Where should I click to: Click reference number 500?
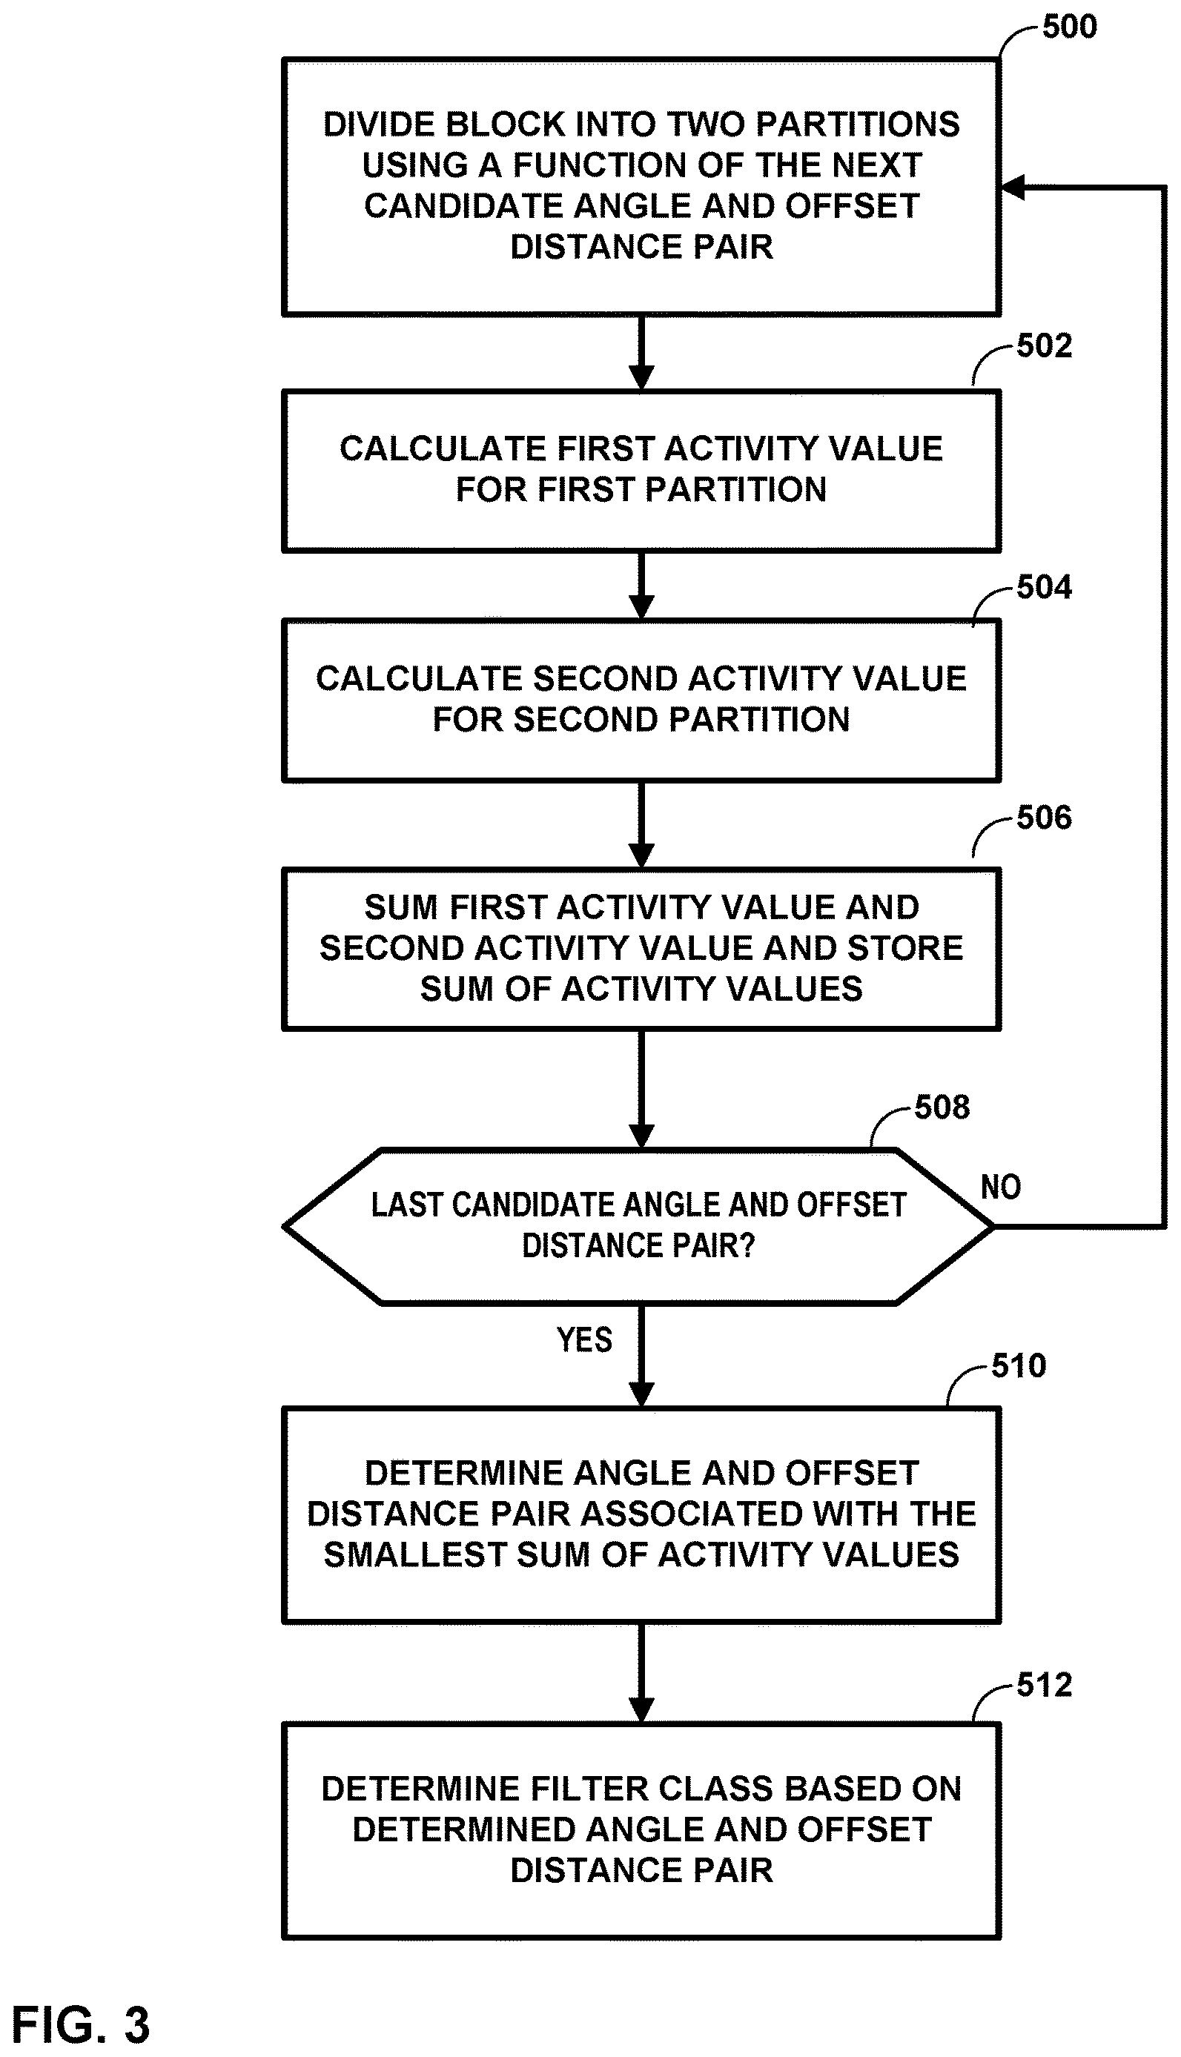pyautogui.click(x=1069, y=27)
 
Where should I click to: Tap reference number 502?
pyautogui.click(x=1044, y=345)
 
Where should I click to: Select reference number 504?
pyautogui.click(x=1044, y=587)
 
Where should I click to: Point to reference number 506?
pyautogui.click(x=1044, y=818)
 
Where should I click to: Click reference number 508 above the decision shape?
pyautogui.click(x=942, y=1107)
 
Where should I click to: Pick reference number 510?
pyautogui.click(x=1019, y=1366)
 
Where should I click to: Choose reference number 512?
pyautogui.click(x=1044, y=1685)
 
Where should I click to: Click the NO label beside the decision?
pyautogui.click(x=1001, y=1187)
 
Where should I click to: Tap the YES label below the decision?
pyautogui.click(x=584, y=1339)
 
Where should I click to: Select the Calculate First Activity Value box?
pyautogui.click(x=641, y=471)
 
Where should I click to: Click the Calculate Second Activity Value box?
pyautogui.click(x=641, y=700)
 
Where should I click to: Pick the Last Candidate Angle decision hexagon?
pyautogui.click(x=638, y=1226)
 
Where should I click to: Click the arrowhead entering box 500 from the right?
pyautogui.click(x=1014, y=188)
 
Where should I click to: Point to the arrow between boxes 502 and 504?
pyautogui.click(x=641, y=586)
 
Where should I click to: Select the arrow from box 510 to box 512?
pyautogui.click(x=641, y=1674)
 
